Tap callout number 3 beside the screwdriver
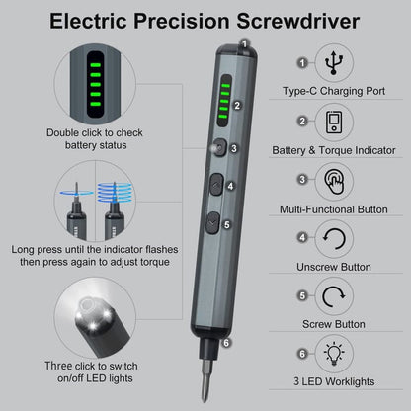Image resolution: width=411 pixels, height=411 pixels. pyautogui.click(x=233, y=148)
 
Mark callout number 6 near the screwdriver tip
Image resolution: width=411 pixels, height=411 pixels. pyautogui.click(x=226, y=344)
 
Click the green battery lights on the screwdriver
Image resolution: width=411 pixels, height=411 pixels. pyautogui.click(x=223, y=103)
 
